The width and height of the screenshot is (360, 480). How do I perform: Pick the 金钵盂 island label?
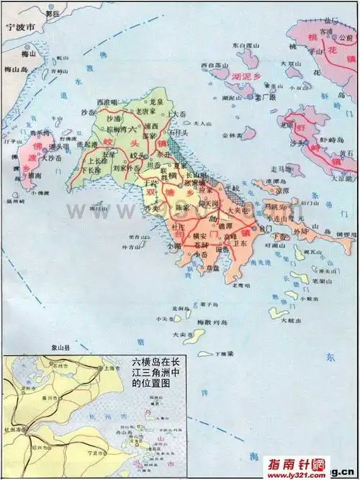coord(232,135)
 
